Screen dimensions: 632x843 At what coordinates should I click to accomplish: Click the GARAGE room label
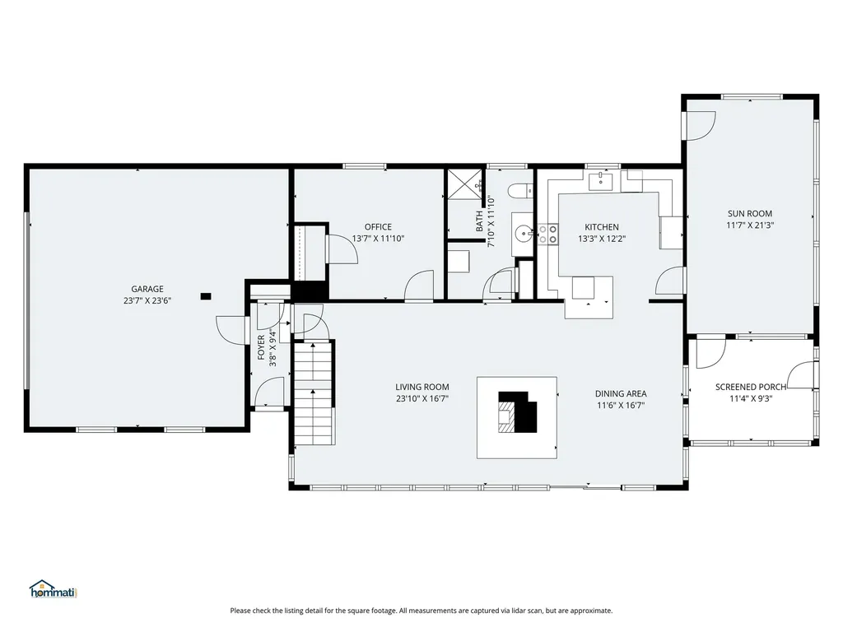[x=147, y=289]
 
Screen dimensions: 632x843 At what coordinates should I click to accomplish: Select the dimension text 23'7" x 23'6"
[x=147, y=300]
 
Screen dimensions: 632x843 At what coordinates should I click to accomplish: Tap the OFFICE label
[x=378, y=227]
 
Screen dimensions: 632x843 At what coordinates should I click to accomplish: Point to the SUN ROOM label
[x=749, y=213]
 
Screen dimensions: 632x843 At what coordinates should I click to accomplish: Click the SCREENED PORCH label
[x=750, y=387]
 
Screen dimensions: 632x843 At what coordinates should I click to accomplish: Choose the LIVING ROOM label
[x=421, y=387]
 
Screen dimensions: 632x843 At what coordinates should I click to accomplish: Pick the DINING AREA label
[x=620, y=393]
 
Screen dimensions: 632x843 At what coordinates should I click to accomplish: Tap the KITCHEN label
[x=601, y=227]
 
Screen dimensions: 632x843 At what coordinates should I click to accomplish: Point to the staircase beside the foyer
[x=313, y=393]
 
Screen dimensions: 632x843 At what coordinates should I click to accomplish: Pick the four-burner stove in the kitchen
[x=547, y=235]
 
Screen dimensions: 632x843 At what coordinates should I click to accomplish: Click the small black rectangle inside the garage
[x=206, y=295]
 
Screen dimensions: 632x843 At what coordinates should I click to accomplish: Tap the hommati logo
[x=53, y=589]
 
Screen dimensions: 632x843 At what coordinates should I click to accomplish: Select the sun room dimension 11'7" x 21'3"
[x=749, y=225]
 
